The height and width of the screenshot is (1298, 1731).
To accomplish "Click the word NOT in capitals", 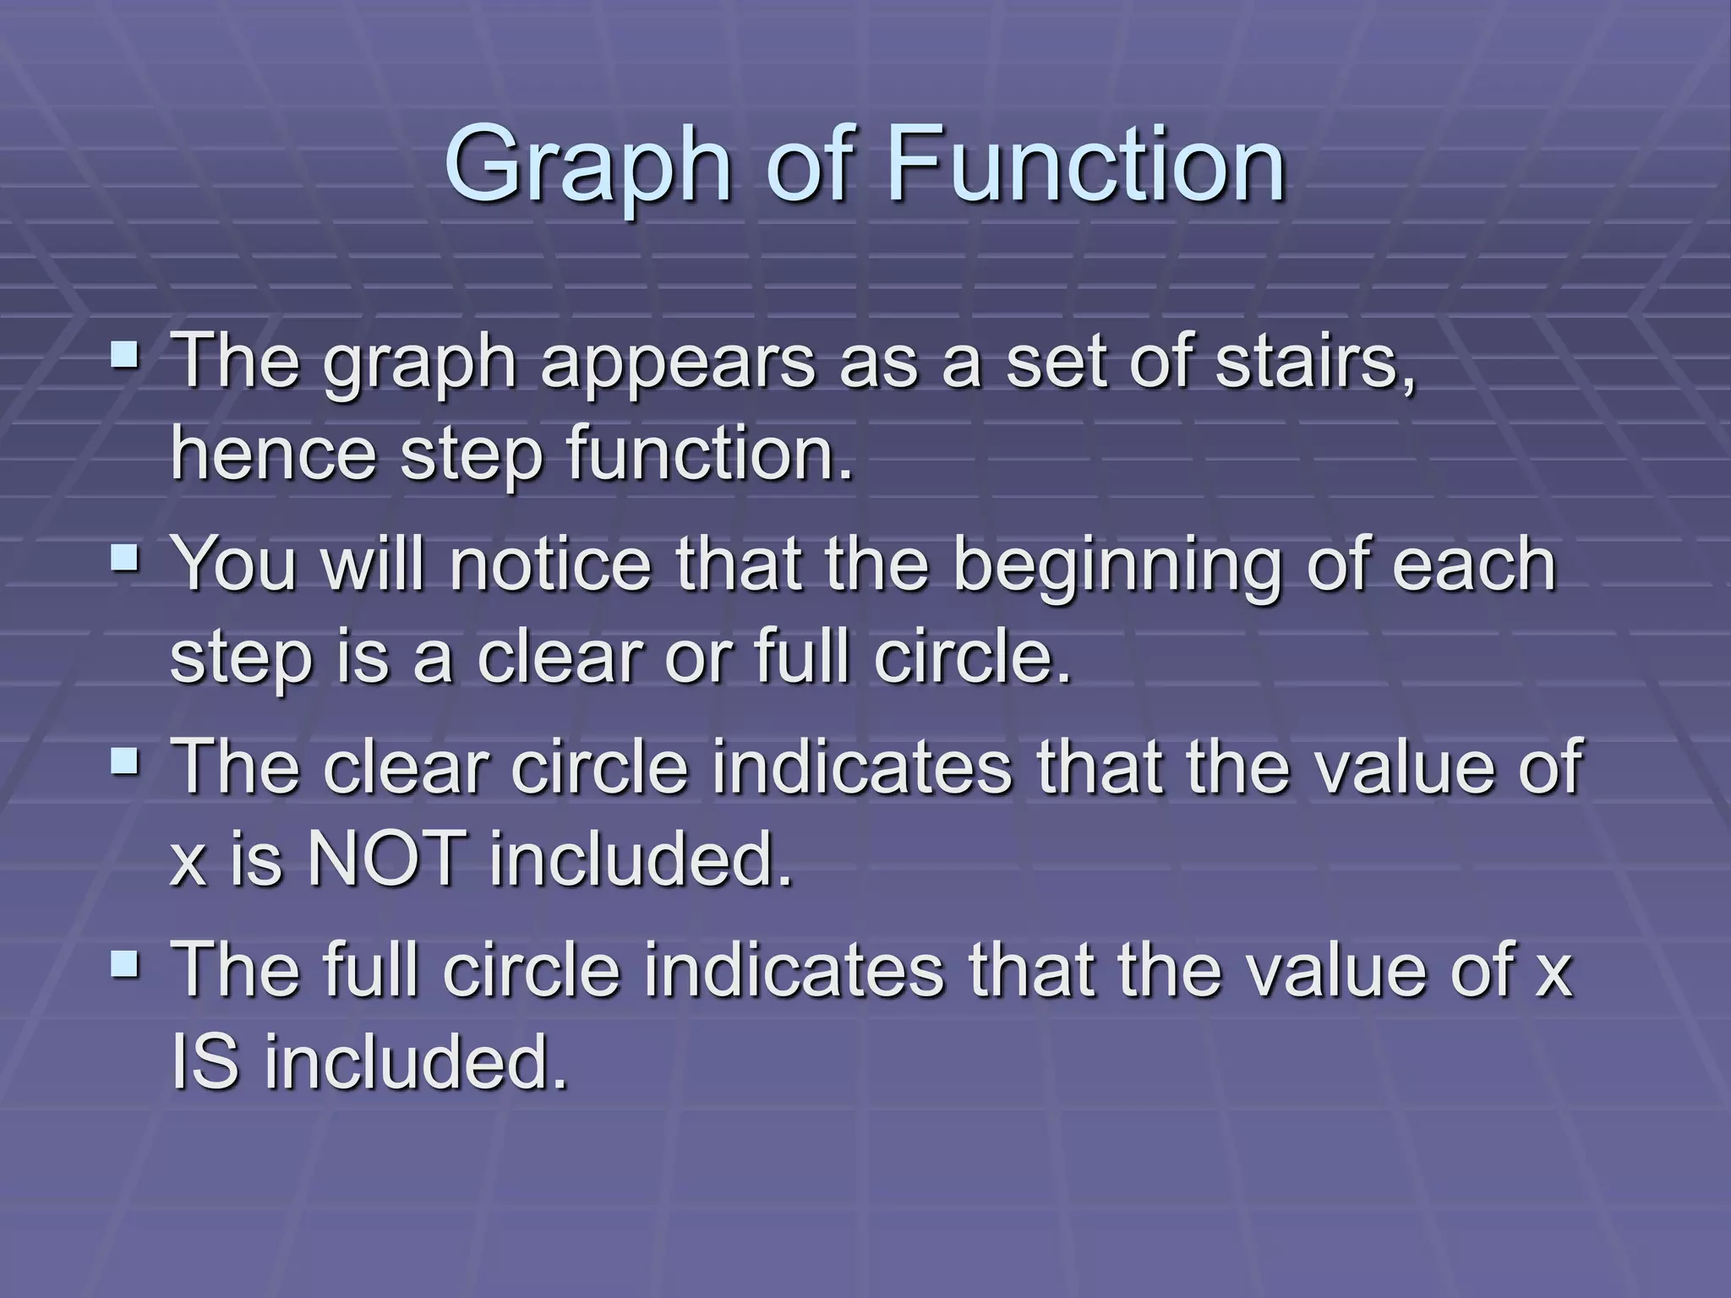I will tap(385, 859).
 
